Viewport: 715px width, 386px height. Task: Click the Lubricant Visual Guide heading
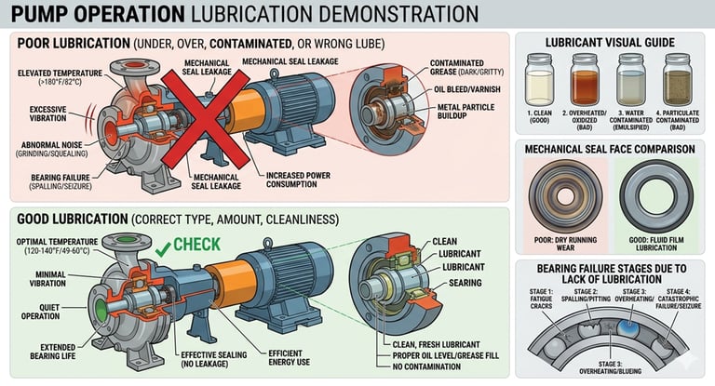pyautogui.click(x=608, y=43)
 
